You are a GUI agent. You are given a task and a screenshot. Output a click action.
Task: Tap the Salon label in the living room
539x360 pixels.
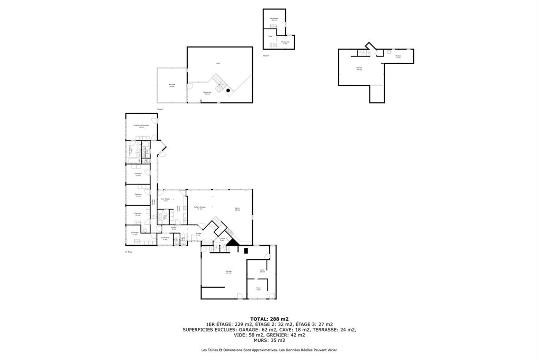(237, 209)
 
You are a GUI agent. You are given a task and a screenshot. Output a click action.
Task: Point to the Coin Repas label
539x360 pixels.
(165, 200)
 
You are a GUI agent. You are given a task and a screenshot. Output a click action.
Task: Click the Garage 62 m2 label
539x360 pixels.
(229, 272)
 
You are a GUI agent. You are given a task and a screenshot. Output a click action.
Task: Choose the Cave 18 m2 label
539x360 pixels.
(262, 270)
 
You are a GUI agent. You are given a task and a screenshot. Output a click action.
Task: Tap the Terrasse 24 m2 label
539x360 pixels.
(172, 85)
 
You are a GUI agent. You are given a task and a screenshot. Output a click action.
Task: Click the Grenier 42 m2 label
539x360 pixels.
(359, 69)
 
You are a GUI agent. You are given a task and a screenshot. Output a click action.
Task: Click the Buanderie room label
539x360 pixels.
(165, 238)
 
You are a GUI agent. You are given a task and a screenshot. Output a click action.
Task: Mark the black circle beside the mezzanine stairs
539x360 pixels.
(229, 90)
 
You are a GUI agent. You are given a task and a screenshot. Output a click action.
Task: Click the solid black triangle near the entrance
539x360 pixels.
(232, 243)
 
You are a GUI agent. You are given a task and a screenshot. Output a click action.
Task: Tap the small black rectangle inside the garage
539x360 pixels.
(246, 250)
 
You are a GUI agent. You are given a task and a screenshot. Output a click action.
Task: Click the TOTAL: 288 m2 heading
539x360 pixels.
(269, 319)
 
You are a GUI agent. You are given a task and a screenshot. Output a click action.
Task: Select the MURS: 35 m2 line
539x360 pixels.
(269, 340)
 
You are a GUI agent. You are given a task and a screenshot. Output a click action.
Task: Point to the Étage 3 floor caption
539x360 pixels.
(266, 56)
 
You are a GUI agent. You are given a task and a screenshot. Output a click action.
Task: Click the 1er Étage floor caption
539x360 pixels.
(128, 252)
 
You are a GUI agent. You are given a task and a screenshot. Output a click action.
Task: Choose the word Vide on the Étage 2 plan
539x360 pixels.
(218, 63)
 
